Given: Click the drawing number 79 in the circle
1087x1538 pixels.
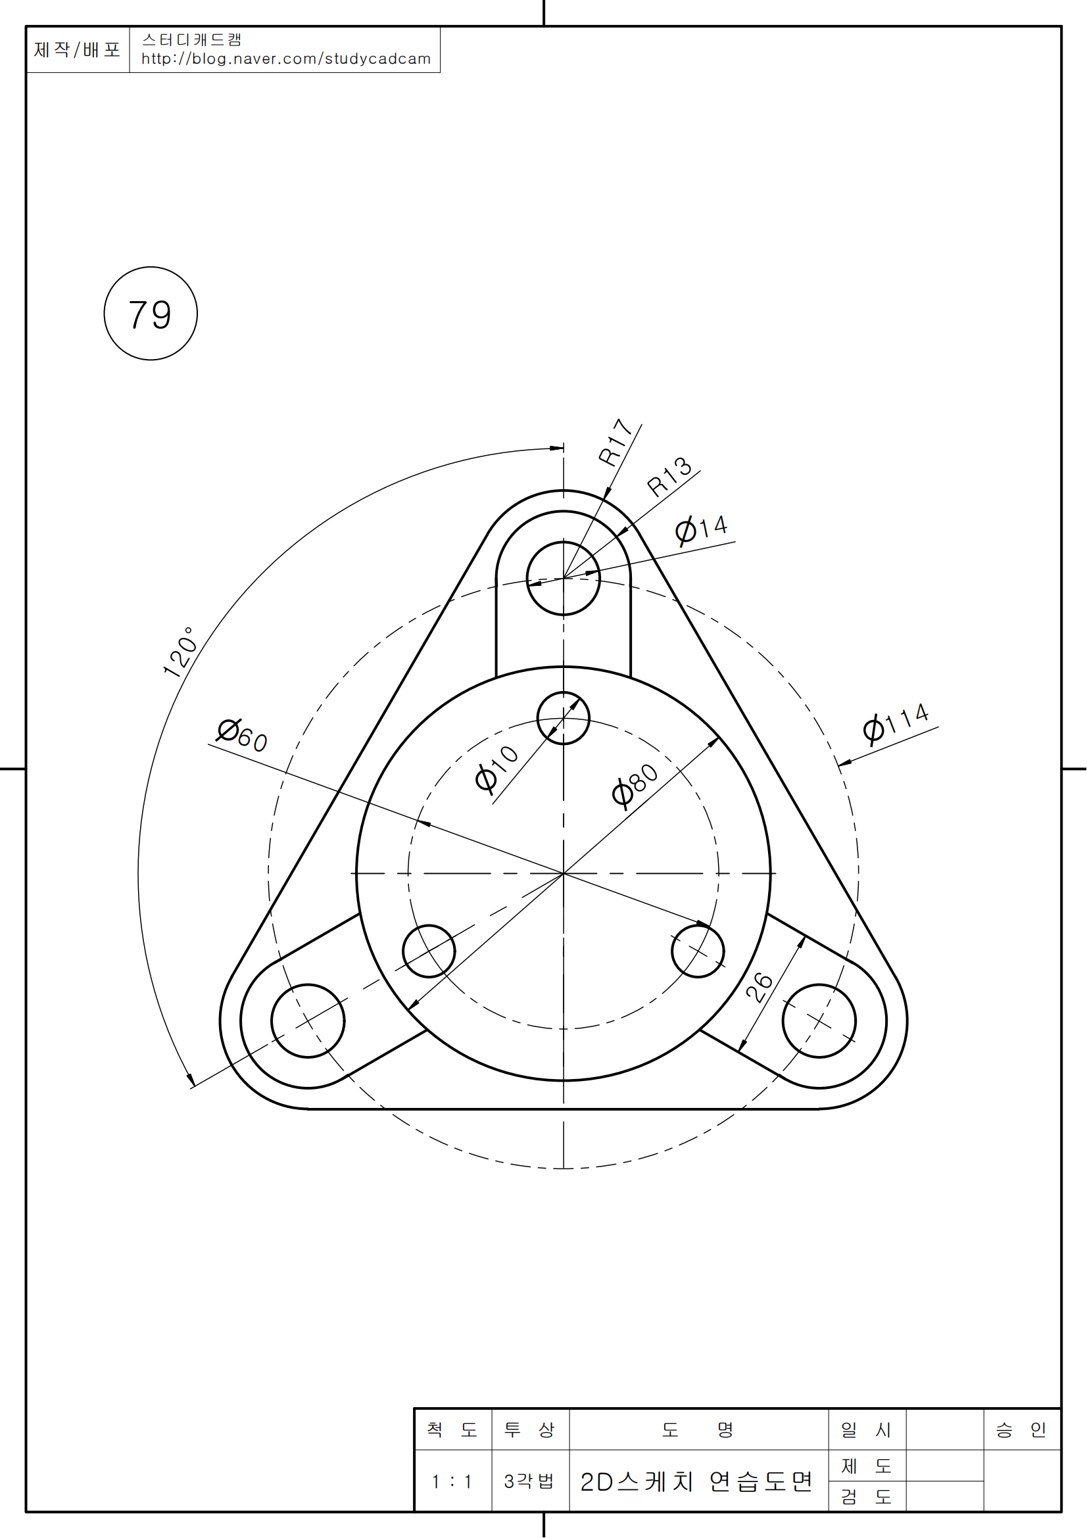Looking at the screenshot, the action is [150, 315].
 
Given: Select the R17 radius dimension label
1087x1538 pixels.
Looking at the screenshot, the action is [616, 442].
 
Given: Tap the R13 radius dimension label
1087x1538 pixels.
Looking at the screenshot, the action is [669, 476].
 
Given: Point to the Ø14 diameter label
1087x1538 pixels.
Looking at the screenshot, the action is [701, 529].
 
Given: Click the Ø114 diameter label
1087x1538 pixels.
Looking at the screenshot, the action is [896, 723].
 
